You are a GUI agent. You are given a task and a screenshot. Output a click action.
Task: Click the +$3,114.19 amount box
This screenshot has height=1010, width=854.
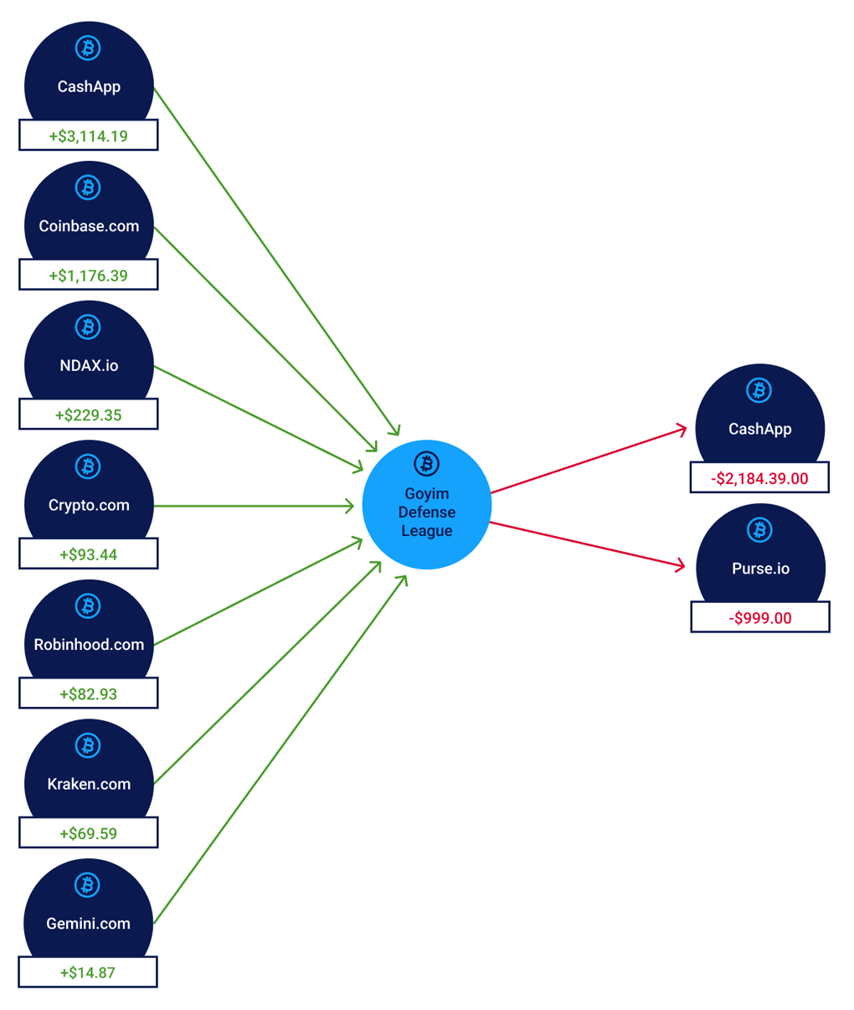click(x=88, y=136)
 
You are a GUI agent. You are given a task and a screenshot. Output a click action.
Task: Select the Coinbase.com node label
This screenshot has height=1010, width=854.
click(x=89, y=226)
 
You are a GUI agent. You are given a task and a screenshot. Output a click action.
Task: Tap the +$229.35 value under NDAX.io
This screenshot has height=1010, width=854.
click(x=88, y=415)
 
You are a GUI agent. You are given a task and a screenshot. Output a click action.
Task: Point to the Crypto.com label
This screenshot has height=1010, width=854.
click(x=89, y=505)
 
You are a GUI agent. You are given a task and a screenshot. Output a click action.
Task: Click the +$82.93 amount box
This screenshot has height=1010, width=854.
click(x=88, y=693)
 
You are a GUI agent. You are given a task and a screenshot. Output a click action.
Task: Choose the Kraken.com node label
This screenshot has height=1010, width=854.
click(x=89, y=784)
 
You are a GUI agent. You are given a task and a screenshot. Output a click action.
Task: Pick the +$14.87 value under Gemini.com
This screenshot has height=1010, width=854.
click(x=87, y=972)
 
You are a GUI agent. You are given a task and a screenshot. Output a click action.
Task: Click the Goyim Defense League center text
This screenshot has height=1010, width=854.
click(x=427, y=512)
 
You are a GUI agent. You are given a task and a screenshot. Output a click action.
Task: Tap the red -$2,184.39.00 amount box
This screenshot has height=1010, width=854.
click(x=759, y=478)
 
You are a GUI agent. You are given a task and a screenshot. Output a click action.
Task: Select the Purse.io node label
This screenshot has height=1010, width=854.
click(x=760, y=569)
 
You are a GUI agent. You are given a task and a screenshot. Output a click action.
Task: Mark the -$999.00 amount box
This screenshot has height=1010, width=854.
click(x=759, y=618)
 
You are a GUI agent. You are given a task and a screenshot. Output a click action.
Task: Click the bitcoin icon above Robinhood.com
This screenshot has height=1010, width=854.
click(x=88, y=605)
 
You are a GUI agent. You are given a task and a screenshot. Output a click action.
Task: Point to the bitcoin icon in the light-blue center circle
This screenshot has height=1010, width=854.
click(x=427, y=463)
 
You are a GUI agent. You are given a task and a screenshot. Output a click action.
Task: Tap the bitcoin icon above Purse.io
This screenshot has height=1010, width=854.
click(x=759, y=529)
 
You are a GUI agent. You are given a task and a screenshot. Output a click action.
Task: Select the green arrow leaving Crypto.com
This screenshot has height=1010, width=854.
click(x=251, y=506)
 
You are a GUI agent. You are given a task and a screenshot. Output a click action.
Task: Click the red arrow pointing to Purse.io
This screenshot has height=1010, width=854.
click(x=586, y=544)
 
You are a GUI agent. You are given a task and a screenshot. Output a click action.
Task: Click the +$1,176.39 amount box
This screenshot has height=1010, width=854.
click(x=88, y=276)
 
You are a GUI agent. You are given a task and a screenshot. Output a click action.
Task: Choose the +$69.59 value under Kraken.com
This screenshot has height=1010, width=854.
click(x=88, y=833)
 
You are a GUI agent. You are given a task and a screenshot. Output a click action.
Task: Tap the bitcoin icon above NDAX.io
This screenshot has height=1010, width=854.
click(x=88, y=327)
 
